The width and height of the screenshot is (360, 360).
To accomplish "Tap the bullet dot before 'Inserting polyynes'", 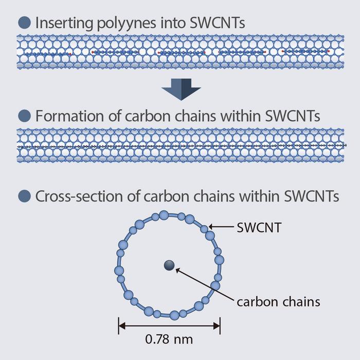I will [24, 23].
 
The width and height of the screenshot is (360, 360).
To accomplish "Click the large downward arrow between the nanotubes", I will [181, 91].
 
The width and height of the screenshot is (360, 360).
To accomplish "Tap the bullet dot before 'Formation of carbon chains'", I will [24, 116].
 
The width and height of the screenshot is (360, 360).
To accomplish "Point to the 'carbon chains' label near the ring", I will [278, 301].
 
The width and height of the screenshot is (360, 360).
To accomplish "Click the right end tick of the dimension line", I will [220, 325].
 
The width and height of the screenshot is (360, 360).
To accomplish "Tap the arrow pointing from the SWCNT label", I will [221, 227].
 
